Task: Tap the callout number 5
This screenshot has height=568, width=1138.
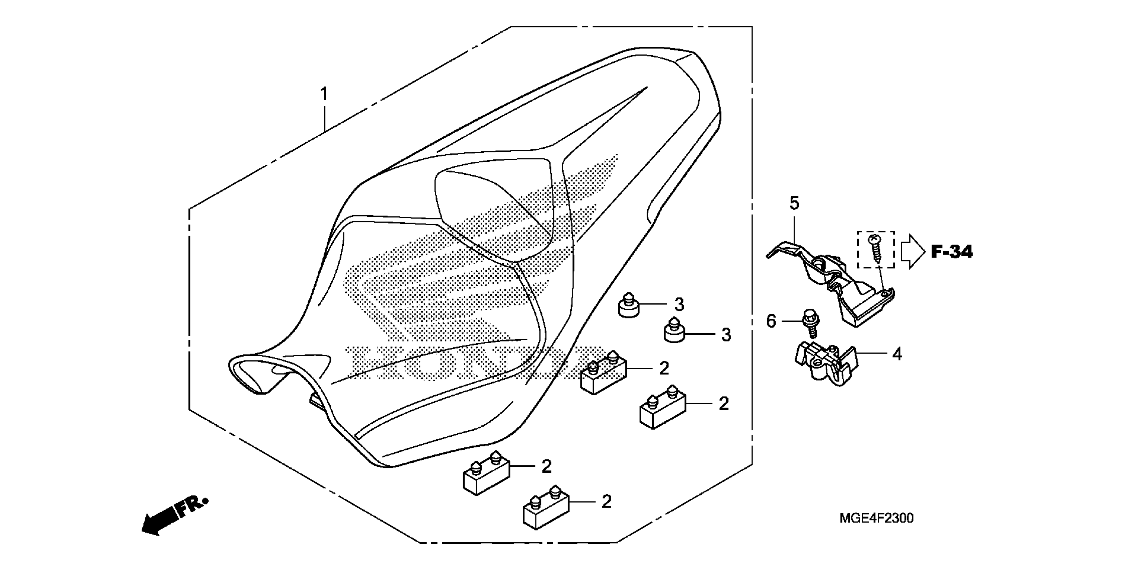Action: pos(794,204)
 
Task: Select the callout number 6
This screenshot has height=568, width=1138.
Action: pos(771,321)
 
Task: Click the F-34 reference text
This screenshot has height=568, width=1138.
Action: pos(952,252)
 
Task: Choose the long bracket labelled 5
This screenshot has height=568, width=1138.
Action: pos(830,283)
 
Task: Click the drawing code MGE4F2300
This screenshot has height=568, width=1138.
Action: pos(876,518)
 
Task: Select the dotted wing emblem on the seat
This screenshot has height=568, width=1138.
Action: pos(442,265)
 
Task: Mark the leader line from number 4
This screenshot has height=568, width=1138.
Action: pos(872,353)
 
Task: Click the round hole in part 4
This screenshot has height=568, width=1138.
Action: pos(817,363)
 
